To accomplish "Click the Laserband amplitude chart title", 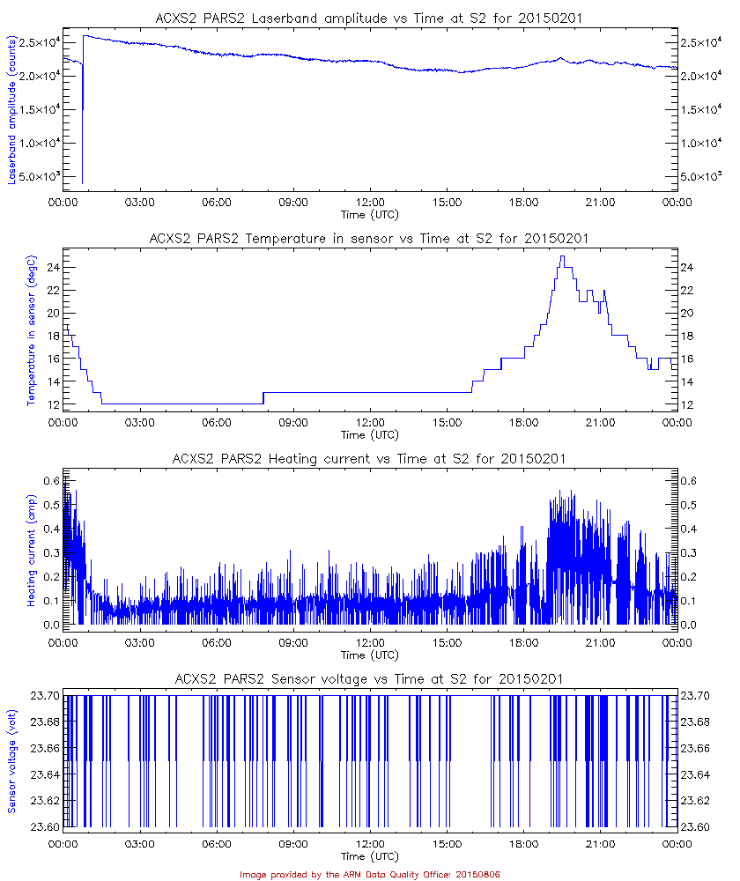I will [x=369, y=17].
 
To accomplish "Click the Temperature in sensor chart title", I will [x=369, y=238].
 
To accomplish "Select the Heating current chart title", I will [x=369, y=459].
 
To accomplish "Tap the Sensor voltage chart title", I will [x=369, y=678].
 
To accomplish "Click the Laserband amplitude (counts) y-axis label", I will [x=12, y=110].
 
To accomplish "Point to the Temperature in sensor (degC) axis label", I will [x=31, y=330].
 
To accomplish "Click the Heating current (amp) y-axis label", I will [x=31, y=551].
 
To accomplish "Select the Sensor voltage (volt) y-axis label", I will [x=12, y=761].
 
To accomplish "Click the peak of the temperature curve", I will [x=561, y=256].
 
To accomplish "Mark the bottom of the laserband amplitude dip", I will [x=82, y=182].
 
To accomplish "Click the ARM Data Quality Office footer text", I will [x=370, y=874].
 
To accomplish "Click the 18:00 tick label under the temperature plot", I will [x=523, y=423].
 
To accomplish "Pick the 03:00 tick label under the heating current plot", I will [x=139, y=643].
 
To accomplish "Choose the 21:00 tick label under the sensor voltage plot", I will [x=600, y=843].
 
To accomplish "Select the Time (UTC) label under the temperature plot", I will [x=370, y=434].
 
